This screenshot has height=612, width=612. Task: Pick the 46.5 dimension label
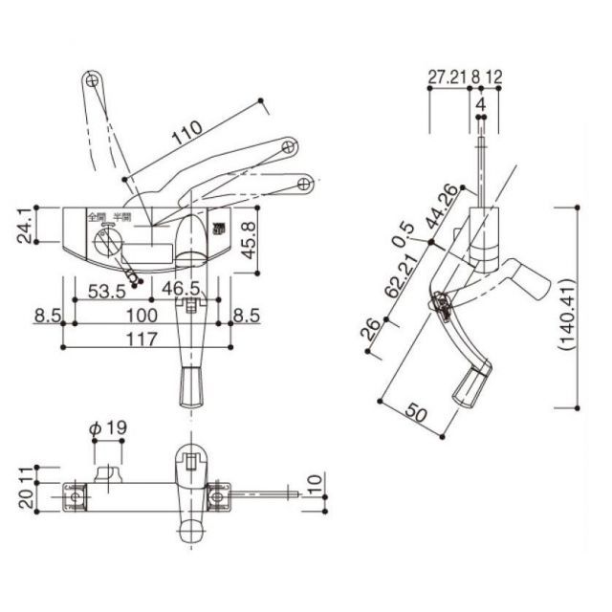click(181, 289)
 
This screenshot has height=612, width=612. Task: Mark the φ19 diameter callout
click(108, 430)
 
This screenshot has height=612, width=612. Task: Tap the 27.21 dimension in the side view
click(446, 76)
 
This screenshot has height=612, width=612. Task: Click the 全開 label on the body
click(96, 216)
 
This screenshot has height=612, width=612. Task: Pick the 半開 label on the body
click(122, 216)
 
